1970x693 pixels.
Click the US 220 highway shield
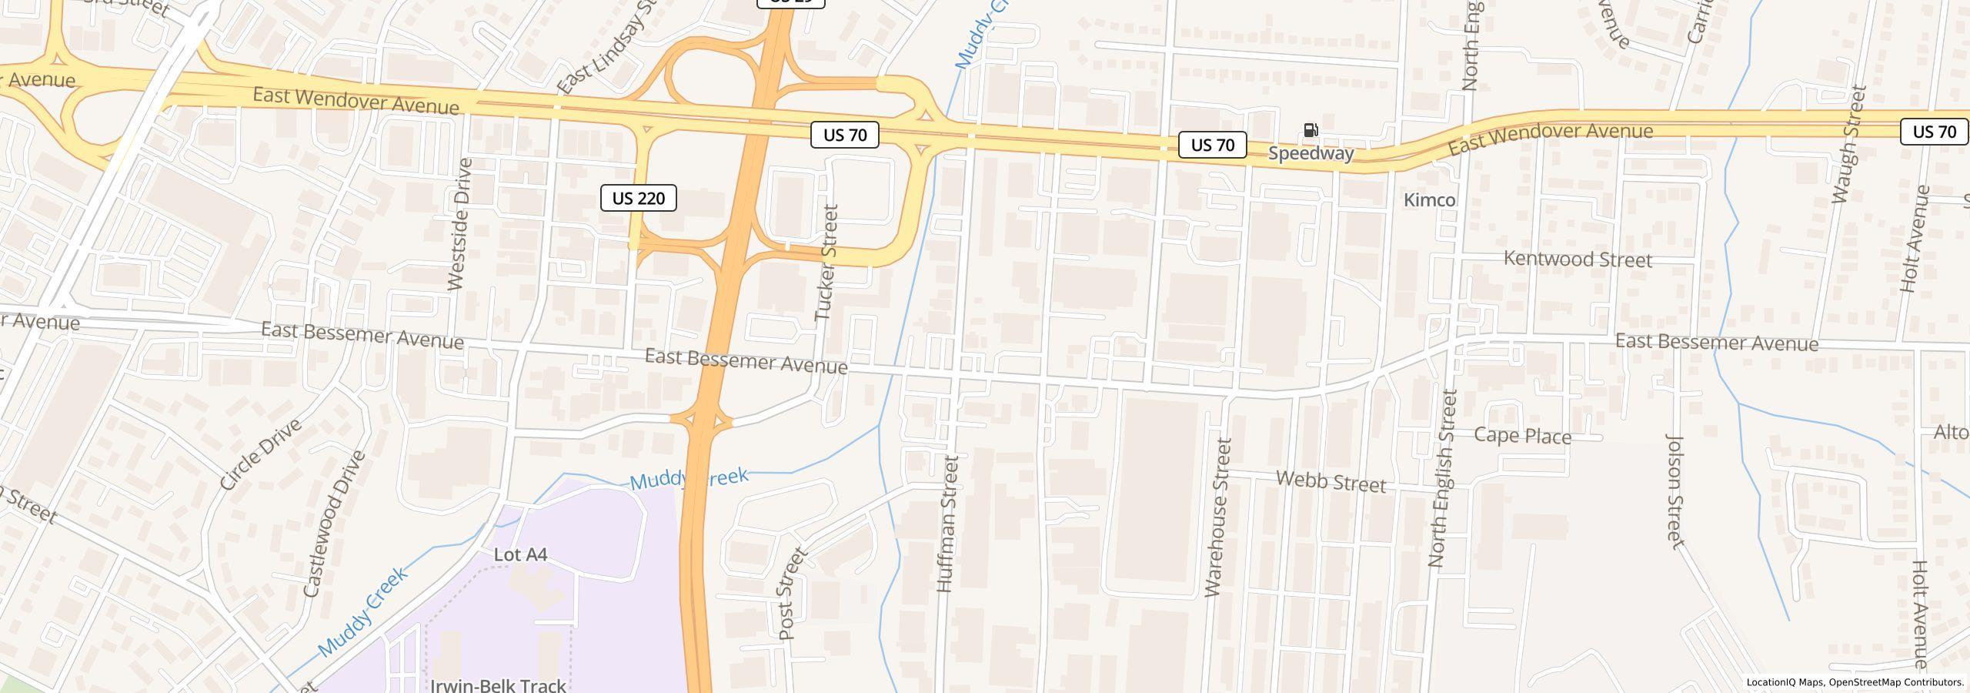(638, 199)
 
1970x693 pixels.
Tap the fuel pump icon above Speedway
(1311, 130)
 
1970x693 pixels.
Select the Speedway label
(1311, 153)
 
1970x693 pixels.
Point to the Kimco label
(1429, 200)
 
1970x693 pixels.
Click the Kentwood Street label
(1578, 259)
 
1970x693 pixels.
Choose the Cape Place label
(1522, 436)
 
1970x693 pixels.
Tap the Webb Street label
(1331, 482)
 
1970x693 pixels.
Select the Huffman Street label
(947, 524)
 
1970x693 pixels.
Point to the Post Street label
(793, 594)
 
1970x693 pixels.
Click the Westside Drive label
(459, 224)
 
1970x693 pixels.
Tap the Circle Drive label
(260, 455)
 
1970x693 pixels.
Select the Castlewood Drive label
(334, 524)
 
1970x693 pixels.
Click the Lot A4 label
(520, 554)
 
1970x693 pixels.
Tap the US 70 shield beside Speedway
(1212, 145)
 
